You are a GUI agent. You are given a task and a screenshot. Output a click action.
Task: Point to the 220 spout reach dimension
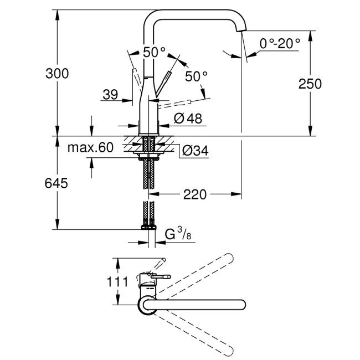coord(194,194)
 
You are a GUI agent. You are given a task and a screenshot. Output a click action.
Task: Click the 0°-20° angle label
coord(280,43)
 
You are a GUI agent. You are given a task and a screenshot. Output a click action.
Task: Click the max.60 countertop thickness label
coord(90,147)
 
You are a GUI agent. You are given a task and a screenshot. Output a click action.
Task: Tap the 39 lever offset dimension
coord(110,95)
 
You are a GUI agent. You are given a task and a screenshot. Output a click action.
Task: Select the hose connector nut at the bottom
coord(148,227)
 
